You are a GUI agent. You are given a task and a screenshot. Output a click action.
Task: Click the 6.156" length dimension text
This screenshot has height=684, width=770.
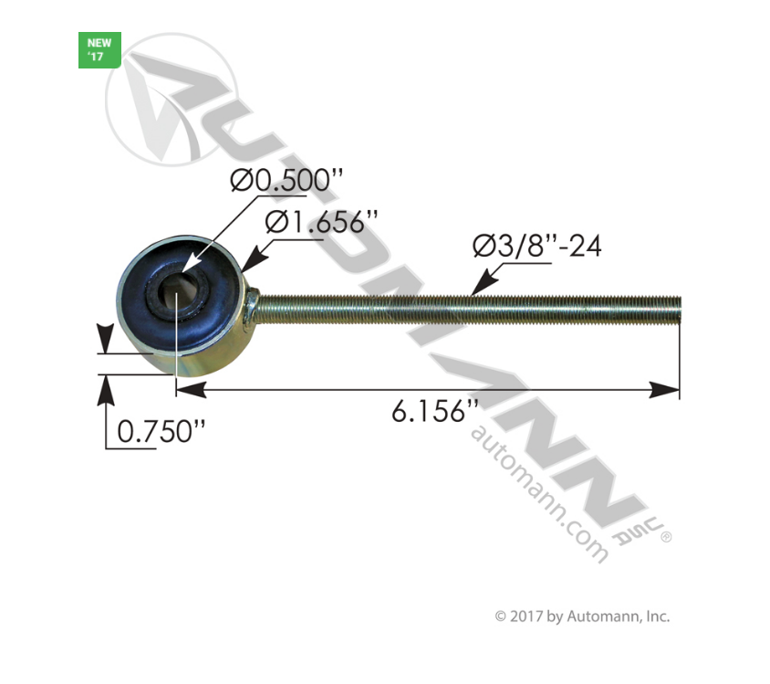point(435,413)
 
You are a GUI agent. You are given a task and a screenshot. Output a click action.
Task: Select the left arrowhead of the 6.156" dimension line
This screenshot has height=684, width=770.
point(186,391)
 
